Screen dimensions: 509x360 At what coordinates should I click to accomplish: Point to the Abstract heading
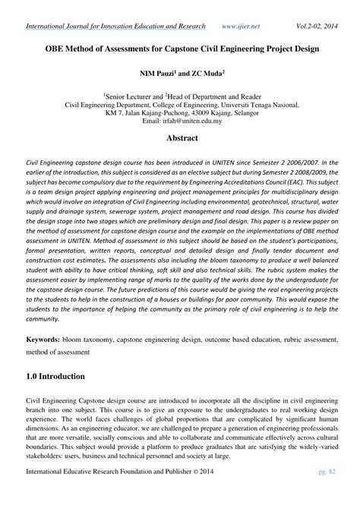(179, 138)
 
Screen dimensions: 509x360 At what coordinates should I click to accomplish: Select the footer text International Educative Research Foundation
(99, 495)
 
